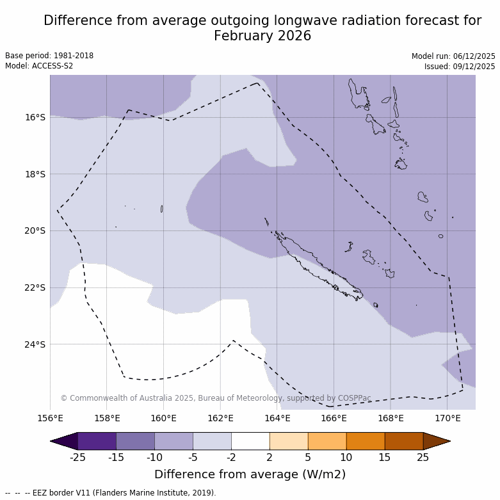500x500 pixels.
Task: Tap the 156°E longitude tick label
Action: [x=50, y=419]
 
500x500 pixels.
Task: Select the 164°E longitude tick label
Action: [x=277, y=419]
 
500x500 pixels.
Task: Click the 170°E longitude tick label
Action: [x=448, y=419]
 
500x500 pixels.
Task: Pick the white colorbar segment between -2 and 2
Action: [x=250, y=441]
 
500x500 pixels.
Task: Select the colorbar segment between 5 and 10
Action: [x=327, y=441]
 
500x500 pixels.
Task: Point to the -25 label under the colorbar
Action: [x=78, y=457]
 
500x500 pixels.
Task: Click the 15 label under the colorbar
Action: [x=385, y=457]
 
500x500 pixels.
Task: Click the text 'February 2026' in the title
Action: [x=262, y=36]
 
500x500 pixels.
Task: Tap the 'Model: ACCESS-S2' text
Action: [x=39, y=66]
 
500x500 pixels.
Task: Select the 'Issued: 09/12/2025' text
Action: [x=459, y=66]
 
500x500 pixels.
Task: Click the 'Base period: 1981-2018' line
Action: [x=49, y=56]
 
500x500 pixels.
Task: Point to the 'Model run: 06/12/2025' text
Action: [x=453, y=56]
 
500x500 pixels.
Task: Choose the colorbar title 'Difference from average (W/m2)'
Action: [x=250, y=474]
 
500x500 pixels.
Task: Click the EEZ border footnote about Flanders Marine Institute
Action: [x=111, y=493]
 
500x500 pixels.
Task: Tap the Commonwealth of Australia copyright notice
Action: [x=216, y=398]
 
